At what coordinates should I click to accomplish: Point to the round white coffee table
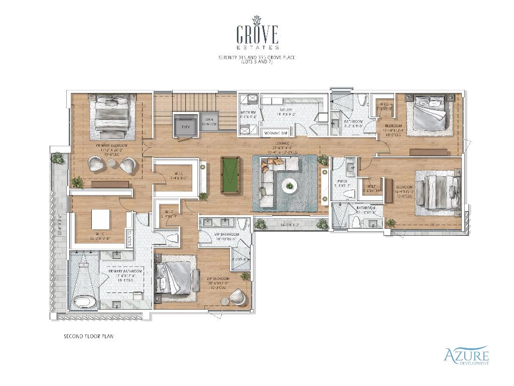point(289,185)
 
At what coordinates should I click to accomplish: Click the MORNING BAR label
point(277,133)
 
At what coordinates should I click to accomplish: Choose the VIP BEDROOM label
point(218,278)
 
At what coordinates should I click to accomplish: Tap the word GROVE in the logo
point(257,35)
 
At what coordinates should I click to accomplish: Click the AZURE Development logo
point(466,356)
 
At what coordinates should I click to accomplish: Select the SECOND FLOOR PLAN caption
point(88,336)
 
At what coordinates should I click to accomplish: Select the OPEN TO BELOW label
point(209,121)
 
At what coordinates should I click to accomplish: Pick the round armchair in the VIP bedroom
point(238,298)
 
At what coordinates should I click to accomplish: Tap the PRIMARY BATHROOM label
point(125,271)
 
